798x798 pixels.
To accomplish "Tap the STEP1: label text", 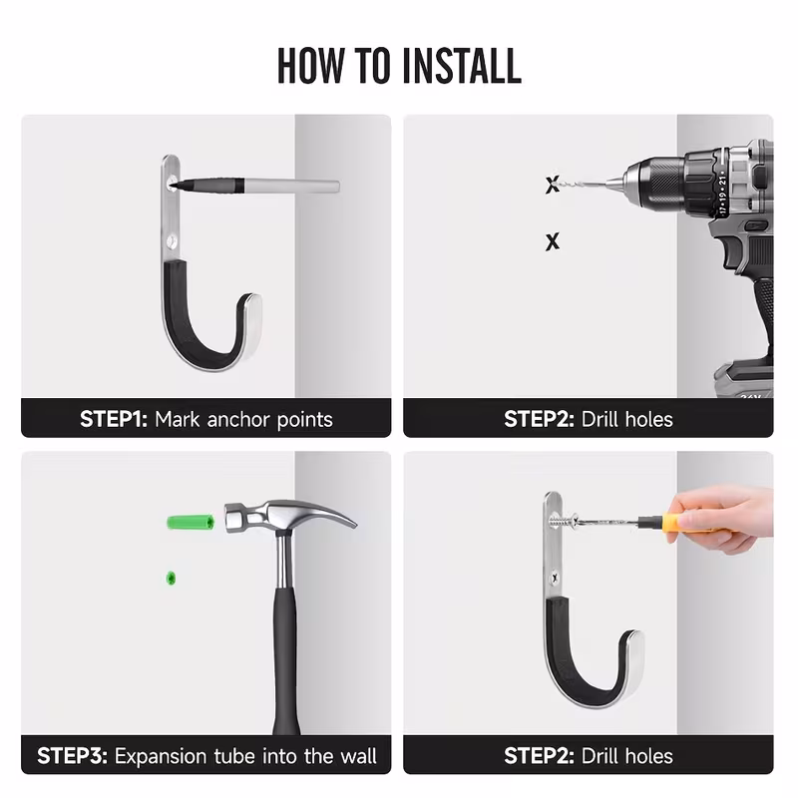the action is click(x=114, y=419).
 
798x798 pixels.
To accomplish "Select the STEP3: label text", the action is click(x=72, y=756).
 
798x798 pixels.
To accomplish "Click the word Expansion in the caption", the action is click(x=162, y=757).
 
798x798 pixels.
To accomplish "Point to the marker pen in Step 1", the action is click(x=253, y=185).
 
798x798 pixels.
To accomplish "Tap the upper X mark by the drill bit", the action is click(x=553, y=185).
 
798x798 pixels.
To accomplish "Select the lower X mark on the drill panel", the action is click(x=553, y=241).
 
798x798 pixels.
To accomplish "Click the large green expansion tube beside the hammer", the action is click(x=191, y=523).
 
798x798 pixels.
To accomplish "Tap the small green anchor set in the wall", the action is click(x=171, y=579).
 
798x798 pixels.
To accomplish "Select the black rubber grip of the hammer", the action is click(x=285, y=661).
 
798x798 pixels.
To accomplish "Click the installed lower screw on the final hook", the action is click(x=555, y=579).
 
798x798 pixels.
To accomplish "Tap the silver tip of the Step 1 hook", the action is click(x=252, y=326).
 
